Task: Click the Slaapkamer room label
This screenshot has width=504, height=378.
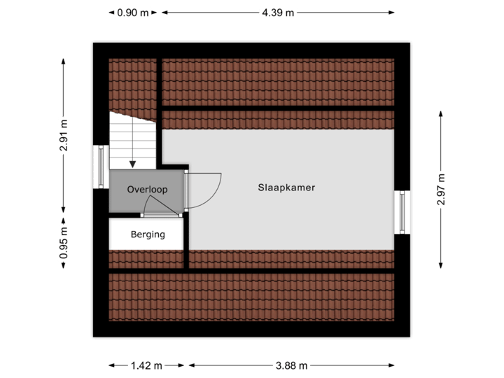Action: click(x=286, y=188)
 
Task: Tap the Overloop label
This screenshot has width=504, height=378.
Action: click(x=147, y=190)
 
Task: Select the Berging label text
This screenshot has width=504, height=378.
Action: click(x=148, y=234)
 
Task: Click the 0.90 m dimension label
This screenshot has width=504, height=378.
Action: click(x=132, y=12)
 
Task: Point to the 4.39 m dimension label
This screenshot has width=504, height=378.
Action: click(x=278, y=12)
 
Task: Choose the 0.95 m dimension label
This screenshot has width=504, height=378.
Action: click(x=64, y=242)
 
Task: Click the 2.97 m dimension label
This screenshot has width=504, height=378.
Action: click(x=441, y=190)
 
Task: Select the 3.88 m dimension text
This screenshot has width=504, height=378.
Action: click(x=290, y=365)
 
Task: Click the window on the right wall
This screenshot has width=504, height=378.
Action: click(x=402, y=212)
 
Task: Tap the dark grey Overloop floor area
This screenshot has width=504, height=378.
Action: click(x=140, y=199)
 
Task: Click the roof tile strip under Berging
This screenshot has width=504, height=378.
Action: click(x=146, y=260)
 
